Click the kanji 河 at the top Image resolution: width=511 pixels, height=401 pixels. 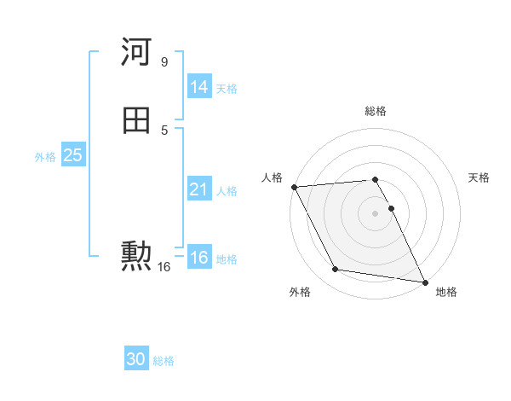[137, 53]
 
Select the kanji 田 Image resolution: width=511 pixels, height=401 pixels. [137, 121]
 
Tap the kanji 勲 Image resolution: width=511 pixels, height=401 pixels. [137, 255]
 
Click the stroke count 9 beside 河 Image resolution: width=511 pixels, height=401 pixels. [164, 62]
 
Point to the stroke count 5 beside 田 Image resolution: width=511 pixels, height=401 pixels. [164, 130]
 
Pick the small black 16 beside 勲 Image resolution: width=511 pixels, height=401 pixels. [164, 267]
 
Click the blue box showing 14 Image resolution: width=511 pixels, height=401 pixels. [198, 87]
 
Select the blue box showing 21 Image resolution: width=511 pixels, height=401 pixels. [198, 189]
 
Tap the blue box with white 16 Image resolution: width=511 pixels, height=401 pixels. [198, 258]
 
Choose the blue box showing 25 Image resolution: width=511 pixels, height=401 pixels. [72, 155]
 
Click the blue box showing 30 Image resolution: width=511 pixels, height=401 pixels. [136, 360]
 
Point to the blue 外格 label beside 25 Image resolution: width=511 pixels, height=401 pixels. [45, 157]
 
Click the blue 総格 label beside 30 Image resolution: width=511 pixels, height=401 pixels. [164, 362]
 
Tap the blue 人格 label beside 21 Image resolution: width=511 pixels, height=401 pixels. [227, 191]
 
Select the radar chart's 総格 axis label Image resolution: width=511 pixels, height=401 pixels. [376, 111]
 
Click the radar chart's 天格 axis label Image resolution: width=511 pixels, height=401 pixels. [479, 177]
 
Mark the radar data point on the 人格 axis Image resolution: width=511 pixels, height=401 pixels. [294, 187]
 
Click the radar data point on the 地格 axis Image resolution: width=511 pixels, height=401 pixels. [424, 282]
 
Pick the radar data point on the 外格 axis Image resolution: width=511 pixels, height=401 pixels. [335, 270]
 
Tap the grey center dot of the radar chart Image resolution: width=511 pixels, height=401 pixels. [376, 212]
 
